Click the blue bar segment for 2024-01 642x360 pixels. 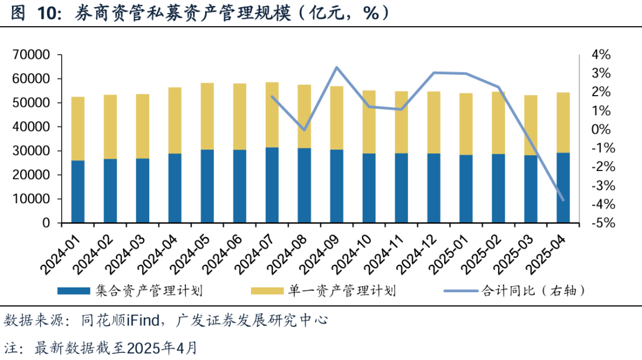pyautogui.click(x=77, y=191)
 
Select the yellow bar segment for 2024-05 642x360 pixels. pyautogui.click(x=207, y=116)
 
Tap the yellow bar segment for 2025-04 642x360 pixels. pyautogui.click(x=563, y=122)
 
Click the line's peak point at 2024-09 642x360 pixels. pyautogui.click(x=337, y=67)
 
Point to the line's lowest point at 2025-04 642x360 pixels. pyautogui.click(x=563, y=200)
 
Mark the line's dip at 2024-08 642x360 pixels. pyautogui.click(x=304, y=130)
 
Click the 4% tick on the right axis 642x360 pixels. pyautogui.click(x=601, y=55)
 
